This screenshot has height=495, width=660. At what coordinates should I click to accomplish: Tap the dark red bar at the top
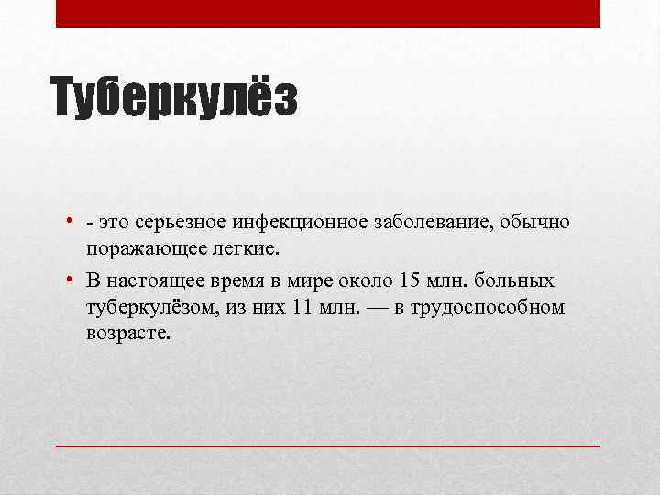pos(328,13)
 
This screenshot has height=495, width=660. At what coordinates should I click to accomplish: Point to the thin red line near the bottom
pos(328,445)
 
